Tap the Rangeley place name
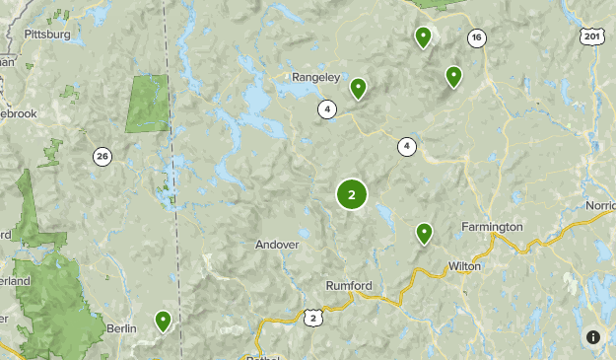tap(315, 76)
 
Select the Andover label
tap(276, 245)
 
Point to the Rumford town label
tap(349, 286)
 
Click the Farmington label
tap(492, 227)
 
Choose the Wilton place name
tap(463, 266)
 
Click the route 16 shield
tap(477, 37)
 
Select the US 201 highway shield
tap(591, 36)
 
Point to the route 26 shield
tap(103, 156)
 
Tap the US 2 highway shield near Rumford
tap(312, 317)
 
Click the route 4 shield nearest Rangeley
tap(326, 109)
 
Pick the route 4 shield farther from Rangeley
tap(407, 147)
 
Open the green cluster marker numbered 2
tap(352, 194)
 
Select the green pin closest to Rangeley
tap(358, 89)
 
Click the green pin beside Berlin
tap(163, 321)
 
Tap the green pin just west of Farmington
tap(424, 233)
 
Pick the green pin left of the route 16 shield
tap(423, 37)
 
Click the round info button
tap(593, 336)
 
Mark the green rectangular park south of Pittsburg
tap(146, 103)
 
